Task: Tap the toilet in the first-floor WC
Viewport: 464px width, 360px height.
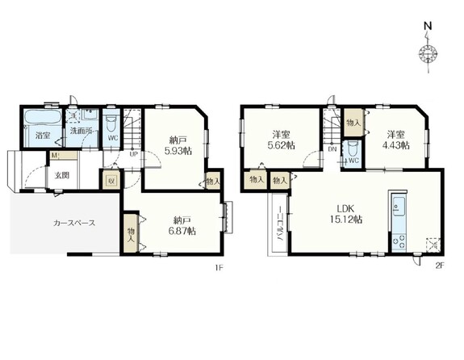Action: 111,124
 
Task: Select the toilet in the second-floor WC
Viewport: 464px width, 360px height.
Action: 352,149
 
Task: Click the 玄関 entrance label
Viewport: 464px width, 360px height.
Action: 62,175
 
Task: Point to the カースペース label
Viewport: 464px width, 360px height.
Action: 74,223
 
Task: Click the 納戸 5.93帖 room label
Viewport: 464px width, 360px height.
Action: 178,145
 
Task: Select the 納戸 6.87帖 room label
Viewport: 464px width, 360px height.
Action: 182,225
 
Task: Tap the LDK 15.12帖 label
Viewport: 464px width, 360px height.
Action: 346,214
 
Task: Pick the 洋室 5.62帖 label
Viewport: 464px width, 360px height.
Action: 281,140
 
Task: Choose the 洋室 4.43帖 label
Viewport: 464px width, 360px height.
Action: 396,140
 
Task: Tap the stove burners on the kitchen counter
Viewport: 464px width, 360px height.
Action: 399,241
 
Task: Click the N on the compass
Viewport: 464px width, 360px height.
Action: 428,26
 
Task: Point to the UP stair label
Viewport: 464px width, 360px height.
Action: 133,154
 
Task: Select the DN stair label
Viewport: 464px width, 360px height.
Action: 332,149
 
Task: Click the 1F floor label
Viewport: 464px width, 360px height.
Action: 219,268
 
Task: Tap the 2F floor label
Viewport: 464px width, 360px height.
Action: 440,266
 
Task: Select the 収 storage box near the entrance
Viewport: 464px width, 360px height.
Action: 111,181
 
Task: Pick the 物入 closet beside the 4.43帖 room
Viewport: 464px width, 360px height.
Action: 354,123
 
